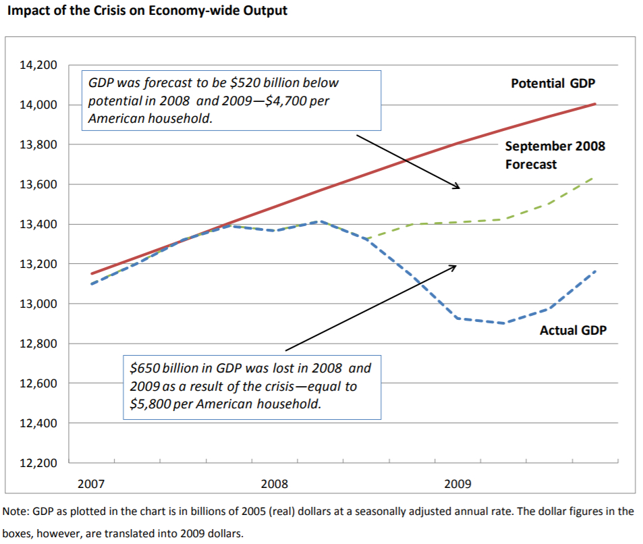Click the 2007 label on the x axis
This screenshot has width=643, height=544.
coord(91,484)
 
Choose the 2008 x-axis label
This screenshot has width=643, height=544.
coord(274,484)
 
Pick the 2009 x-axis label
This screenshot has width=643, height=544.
coord(457,484)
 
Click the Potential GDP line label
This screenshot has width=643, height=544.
coord(556,84)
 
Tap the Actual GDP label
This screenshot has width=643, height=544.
coord(573,330)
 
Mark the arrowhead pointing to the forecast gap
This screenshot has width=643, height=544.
coord(457,187)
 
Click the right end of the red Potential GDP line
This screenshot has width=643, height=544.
coord(595,104)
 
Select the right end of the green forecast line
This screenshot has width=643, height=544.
coord(592,178)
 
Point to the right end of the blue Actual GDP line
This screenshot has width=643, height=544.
coord(595,271)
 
